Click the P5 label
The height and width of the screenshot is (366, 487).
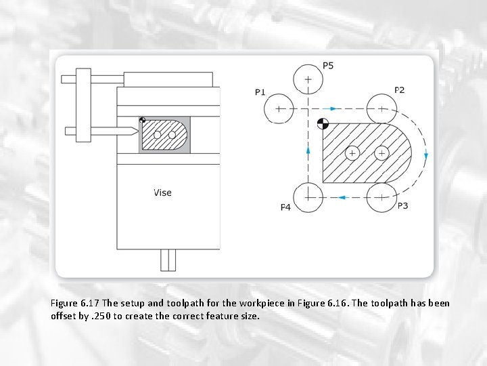point(328,66)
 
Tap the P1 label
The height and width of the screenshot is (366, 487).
point(260,91)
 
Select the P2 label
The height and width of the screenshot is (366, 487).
point(400,90)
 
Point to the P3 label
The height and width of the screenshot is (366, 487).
point(402,205)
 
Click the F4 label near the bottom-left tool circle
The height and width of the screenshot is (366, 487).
point(285,207)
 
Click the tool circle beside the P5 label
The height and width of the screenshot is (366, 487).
point(308,79)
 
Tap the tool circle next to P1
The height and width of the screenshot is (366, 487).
point(279,108)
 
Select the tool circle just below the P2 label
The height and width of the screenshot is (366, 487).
point(381,108)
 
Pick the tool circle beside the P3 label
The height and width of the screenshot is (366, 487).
point(381,197)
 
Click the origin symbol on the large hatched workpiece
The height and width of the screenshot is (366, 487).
point(323,123)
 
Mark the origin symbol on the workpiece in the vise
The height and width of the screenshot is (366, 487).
point(142,121)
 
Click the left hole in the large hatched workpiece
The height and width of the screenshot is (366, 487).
point(352,152)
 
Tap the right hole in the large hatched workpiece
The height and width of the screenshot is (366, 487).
point(381,152)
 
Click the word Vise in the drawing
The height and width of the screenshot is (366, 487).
point(162,192)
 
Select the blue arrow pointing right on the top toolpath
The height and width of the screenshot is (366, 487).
point(333,108)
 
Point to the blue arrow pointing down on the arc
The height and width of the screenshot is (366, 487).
point(425,155)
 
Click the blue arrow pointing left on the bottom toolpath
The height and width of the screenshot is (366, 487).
point(342,197)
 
